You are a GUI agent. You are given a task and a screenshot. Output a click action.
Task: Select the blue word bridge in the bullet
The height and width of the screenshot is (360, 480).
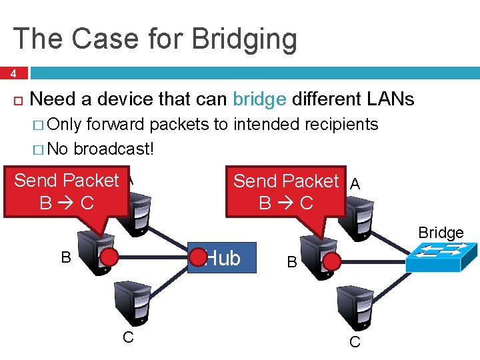(x=260, y=100)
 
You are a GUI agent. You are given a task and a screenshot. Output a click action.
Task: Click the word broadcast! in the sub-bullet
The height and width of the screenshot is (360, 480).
(x=114, y=147)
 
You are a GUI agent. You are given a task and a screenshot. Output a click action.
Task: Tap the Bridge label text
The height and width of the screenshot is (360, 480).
(x=441, y=233)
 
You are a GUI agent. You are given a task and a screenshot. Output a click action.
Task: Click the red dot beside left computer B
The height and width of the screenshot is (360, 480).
(x=109, y=257)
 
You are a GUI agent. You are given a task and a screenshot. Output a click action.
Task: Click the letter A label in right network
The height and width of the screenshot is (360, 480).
(x=355, y=185)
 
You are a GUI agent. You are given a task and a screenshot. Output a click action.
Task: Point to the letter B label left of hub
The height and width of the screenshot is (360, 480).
(x=66, y=257)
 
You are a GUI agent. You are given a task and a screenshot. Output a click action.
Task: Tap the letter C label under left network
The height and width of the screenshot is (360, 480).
(x=128, y=337)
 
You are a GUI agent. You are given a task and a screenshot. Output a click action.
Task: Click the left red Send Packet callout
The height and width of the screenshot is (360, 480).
(x=66, y=191)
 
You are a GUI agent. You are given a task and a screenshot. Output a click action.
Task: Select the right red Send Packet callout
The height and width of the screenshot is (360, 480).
(x=287, y=191)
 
